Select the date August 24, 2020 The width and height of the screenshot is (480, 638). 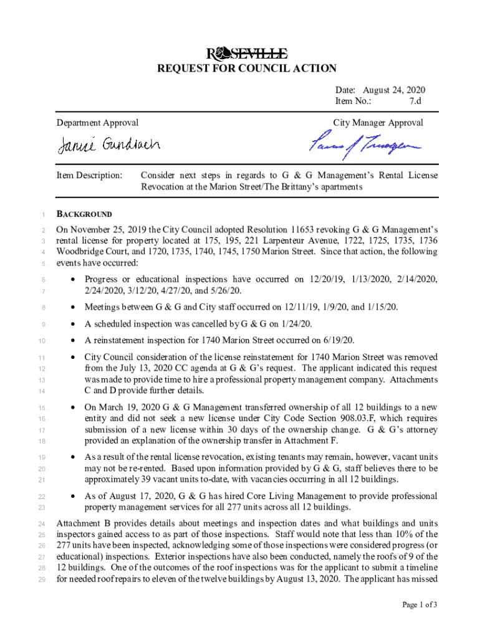point(399,90)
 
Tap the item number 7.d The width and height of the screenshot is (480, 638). point(415,101)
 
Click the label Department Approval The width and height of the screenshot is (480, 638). point(97,123)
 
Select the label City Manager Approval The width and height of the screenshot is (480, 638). point(378,123)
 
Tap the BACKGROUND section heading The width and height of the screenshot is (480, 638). point(84,214)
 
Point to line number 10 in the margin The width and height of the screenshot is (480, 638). point(41,341)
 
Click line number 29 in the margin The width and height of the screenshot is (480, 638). point(41,579)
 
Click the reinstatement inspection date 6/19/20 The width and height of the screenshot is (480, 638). point(338,340)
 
